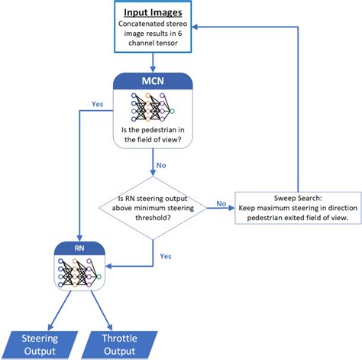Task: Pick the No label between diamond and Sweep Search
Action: click(x=220, y=203)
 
